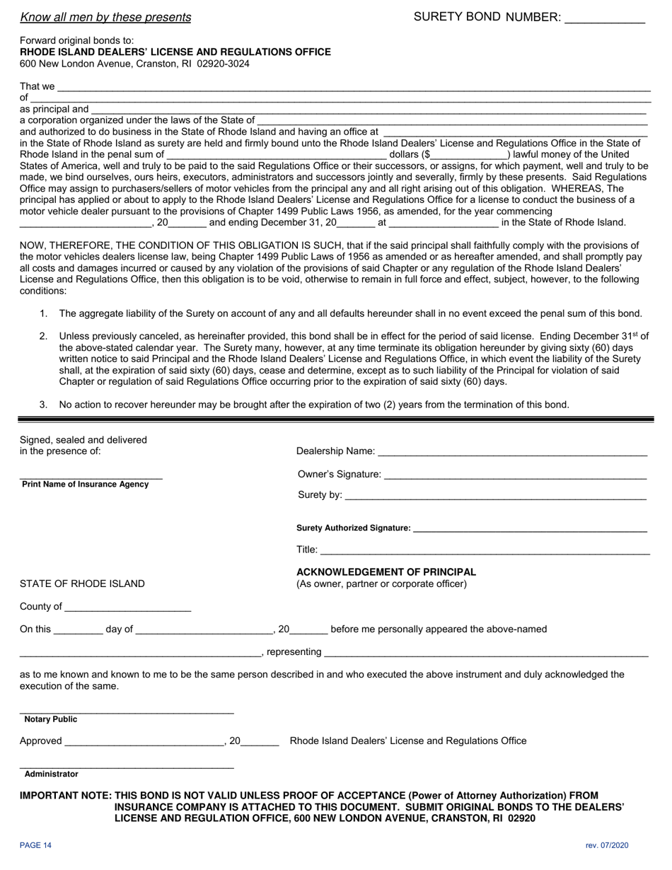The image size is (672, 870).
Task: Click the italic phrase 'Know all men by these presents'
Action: (105, 18)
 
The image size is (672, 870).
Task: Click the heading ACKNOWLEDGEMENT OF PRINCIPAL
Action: (386, 572)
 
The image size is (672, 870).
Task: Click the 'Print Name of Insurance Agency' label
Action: (86, 485)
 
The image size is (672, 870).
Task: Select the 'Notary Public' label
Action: (51, 719)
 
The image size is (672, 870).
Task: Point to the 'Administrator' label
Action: (52, 774)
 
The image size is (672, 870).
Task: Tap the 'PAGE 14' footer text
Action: (35, 845)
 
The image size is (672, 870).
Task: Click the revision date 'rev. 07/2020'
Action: (607, 845)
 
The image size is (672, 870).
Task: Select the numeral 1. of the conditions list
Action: (43, 313)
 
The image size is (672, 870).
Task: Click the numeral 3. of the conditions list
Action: (43, 405)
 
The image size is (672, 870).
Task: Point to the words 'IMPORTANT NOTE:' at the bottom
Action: (65, 796)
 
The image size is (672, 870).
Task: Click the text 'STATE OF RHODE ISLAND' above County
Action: (82, 584)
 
